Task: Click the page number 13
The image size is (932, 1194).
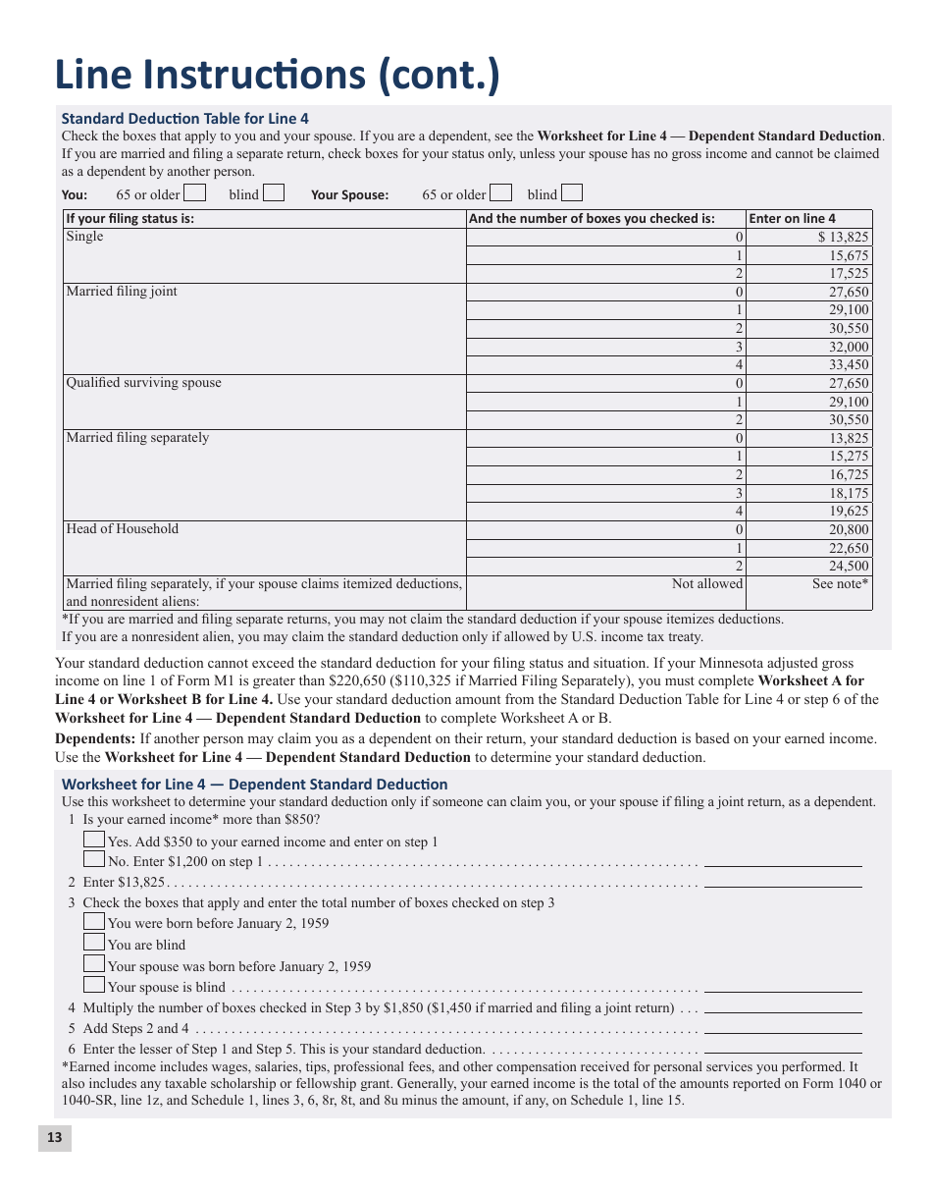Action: [54, 1137]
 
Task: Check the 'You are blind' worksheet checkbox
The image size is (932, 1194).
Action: [94, 943]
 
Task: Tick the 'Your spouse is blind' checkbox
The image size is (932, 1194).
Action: [94, 985]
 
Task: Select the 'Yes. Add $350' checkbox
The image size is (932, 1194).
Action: [94, 840]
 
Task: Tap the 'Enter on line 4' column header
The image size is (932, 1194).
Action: [793, 219]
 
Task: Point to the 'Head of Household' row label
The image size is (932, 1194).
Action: [123, 529]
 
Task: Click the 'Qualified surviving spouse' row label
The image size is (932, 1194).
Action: [143, 383]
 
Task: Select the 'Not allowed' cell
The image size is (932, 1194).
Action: [706, 584]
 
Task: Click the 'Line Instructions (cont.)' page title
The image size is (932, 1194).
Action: [277, 77]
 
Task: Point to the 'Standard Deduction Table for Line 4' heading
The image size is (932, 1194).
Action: [184, 119]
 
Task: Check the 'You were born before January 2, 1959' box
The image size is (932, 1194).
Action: [94, 921]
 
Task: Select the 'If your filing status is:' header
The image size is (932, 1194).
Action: [130, 219]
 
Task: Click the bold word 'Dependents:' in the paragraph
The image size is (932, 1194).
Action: [95, 738]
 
